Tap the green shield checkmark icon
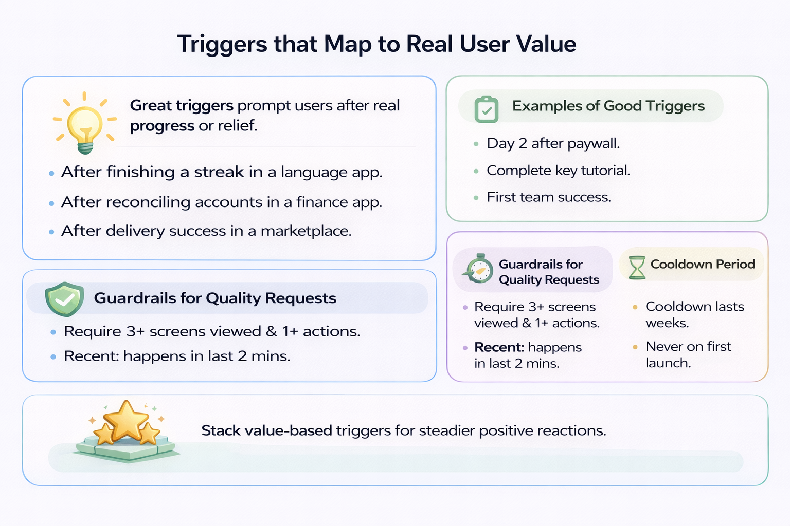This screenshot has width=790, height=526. [x=64, y=298]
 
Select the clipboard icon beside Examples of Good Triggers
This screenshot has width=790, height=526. [x=486, y=108]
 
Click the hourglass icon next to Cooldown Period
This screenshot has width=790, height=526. [x=637, y=267]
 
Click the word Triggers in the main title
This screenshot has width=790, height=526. [x=222, y=44]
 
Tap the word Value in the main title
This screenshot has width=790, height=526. [x=546, y=44]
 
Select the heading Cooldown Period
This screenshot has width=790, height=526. [x=703, y=264]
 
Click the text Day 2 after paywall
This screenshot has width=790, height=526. [x=553, y=143]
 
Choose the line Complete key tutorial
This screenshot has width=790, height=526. [x=558, y=171]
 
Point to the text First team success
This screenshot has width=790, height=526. [x=549, y=197]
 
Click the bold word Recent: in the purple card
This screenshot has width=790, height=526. [x=499, y=347]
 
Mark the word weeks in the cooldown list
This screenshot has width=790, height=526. [x=667, y=323]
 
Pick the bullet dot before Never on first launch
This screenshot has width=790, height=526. [x=635, y=347]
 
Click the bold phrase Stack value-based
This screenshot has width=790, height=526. [x=266, y=430]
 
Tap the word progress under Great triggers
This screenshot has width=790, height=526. [x=162, y=126]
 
